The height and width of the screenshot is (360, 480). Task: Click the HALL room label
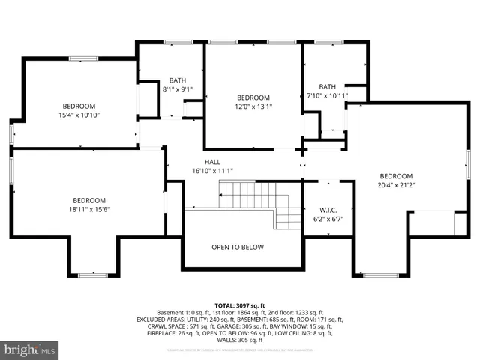[212, 162]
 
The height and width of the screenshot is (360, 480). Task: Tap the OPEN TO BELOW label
[237, 247]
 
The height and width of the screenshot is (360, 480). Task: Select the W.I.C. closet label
[328, 210]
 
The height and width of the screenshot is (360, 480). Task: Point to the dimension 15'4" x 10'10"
[79, 115]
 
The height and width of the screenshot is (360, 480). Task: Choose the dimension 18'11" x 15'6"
[89, 210]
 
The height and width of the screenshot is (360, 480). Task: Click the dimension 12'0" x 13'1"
[253, 107]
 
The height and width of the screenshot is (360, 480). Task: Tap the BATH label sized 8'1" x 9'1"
[178, 80]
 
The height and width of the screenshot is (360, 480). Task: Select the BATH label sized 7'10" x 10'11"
[328, 86]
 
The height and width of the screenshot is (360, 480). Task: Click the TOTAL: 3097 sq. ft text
[239, 305]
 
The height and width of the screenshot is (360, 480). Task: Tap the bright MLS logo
[30, 349]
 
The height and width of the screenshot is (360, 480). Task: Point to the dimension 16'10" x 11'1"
[212, 171]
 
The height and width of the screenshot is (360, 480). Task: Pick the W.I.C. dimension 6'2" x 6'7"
[328, 219]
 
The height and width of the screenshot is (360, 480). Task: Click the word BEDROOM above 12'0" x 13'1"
[253, 97]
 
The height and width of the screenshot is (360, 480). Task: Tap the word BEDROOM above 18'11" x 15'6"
[89, 200]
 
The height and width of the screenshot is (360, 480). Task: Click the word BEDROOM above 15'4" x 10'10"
[79, 106]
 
